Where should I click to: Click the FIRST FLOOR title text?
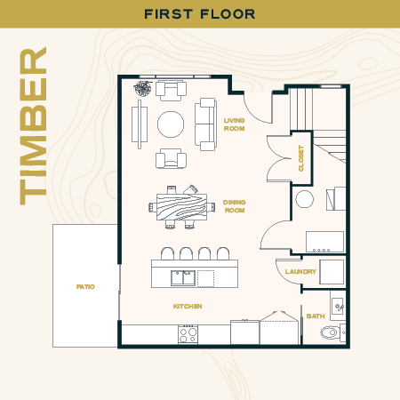[x=200, y=13]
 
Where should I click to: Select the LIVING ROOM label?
[x=235, y=124]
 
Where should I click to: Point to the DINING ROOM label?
[x=235, y=205]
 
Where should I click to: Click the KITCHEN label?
[x=188, y=307]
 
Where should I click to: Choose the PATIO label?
[x=85, y=287]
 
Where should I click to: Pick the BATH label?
[x=316, y=316]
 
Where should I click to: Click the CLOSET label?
[x=301, y=157]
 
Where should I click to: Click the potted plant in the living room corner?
[x=142, y=87]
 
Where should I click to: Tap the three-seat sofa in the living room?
[x=205, y=123]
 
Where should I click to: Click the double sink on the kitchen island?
[x=183, y=277]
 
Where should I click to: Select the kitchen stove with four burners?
[x=188, y=334]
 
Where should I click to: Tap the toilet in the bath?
[x=331, y=334]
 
